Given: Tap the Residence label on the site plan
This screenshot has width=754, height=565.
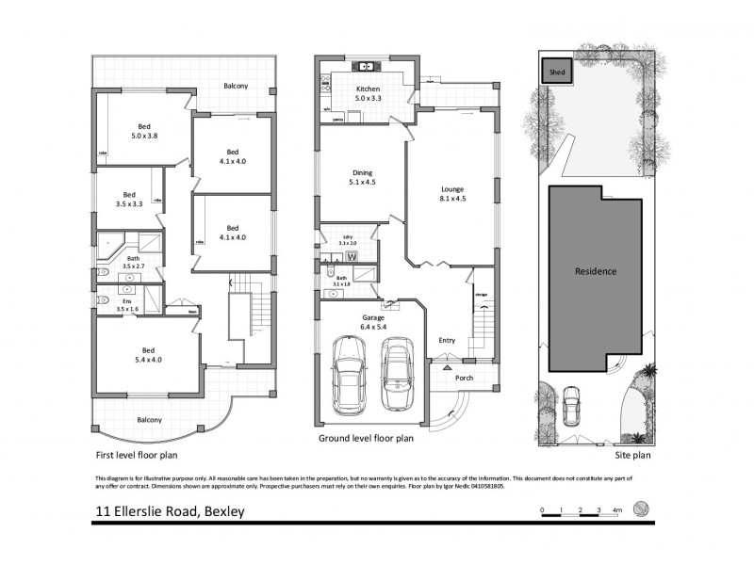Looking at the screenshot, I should (596, 271).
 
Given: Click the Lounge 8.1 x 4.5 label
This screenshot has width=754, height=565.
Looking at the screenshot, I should (452, 193).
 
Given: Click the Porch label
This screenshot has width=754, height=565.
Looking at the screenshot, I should (464, 379).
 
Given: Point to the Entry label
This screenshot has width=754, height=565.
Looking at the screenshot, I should (447, 340).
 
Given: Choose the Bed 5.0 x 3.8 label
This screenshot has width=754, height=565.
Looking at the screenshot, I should (144, 130).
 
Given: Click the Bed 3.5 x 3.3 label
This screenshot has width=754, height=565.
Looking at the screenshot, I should (129, 201).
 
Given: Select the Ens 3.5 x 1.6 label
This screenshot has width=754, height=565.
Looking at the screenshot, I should (126, 304).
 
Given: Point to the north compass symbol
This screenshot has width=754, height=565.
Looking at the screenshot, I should (642, 509).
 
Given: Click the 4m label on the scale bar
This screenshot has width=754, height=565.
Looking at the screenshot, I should (616, 509).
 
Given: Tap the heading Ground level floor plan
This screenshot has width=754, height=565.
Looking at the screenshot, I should (366, 438).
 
